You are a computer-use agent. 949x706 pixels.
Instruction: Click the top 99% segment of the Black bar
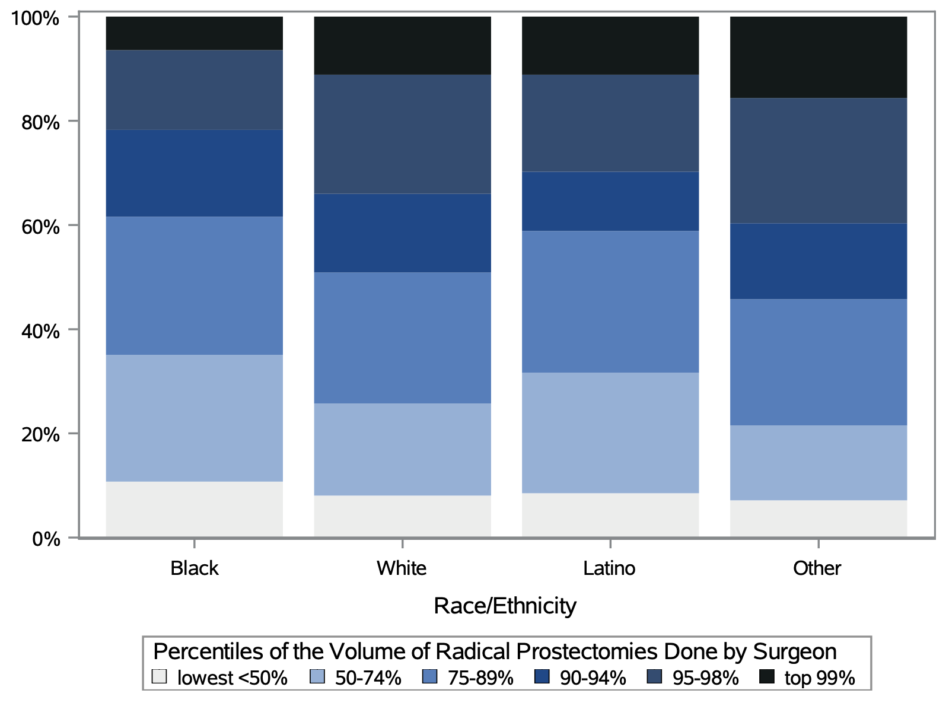(x=194, y=33)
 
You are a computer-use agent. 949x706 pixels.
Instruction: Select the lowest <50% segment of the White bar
(x=402, y=516)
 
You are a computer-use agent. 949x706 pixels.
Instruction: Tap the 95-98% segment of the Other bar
(x=818, y=160)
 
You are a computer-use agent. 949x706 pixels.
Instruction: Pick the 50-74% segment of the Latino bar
(x=610, y=432)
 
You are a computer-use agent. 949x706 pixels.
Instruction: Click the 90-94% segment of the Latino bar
(x=610, y=201)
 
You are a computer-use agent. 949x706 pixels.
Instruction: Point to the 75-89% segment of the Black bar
(x=194, y=285)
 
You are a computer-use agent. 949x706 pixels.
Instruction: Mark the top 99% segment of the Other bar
(x=818, y=57)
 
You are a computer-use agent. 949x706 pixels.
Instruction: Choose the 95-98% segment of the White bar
(x=402, y=133)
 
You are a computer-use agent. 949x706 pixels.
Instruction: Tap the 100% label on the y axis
(x=36, y=19)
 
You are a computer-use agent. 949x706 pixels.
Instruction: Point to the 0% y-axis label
(x=46, y=539)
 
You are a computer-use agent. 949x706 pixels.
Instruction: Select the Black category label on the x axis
(x=194, y=568)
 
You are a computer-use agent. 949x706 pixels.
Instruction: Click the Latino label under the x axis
(x=609, y=568)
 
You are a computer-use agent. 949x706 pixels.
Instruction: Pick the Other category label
(x=817, y=568)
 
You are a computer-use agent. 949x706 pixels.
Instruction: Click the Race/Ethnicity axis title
(x=505, y=606)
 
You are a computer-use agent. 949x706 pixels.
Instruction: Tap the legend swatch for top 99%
(x=767, y=676)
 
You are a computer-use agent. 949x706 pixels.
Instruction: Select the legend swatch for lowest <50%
(x=159, y=676)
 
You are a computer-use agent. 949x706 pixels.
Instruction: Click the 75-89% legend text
(x=480, y=678)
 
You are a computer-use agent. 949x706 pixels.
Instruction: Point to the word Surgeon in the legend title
(x=795, y=651)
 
